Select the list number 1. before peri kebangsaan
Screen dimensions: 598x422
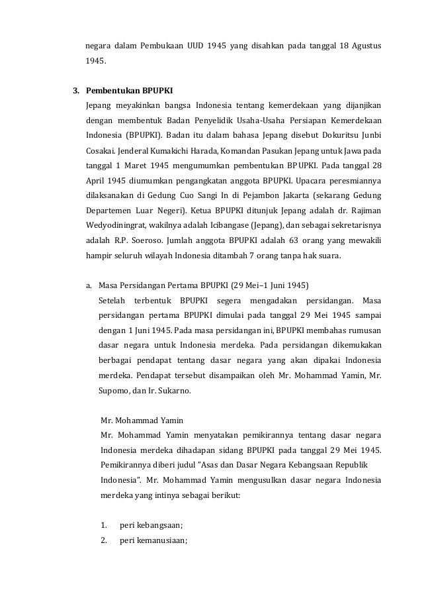click(x=105, y=526)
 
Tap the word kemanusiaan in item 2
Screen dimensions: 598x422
click(x=159, y=540)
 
